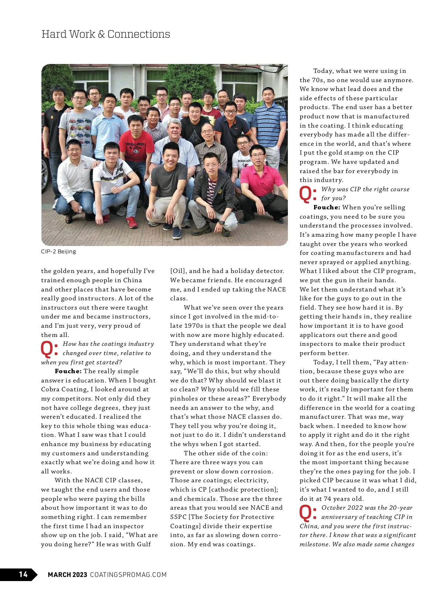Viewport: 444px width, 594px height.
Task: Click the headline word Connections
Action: click(139, 34)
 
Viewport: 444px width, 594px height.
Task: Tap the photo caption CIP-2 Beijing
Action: click(58, 252)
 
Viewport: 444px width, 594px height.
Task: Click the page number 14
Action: click(23, 574)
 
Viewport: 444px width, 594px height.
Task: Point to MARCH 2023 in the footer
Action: click(67, 574)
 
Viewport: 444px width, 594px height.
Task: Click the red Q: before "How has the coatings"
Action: click(49, 349)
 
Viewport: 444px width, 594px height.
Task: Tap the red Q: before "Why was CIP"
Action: click(308, 194)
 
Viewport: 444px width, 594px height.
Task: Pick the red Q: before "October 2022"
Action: click(308, 513)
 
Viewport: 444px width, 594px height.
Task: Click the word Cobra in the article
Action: click(51, 389)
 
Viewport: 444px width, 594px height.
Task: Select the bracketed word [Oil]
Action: click(178, 271)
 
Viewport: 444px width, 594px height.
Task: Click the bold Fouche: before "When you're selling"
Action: click(327, 207)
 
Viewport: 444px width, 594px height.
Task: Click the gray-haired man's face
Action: click(174, 131)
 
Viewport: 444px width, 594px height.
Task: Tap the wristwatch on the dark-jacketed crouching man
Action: click(221, 222)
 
